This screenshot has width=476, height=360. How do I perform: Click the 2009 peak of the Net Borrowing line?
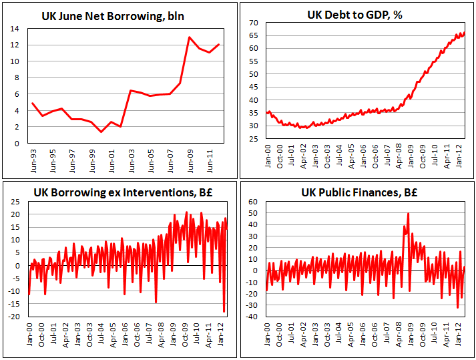click(190, 37)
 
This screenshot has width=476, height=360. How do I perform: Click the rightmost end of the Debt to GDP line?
click(465, 32)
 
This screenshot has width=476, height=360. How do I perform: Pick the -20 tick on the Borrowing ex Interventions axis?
click(16, 316)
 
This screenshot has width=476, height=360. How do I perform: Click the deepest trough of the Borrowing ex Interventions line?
click(224, 311)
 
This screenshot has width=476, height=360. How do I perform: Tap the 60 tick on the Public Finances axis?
click(253, 202)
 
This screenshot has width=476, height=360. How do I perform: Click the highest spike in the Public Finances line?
click(408, 214)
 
